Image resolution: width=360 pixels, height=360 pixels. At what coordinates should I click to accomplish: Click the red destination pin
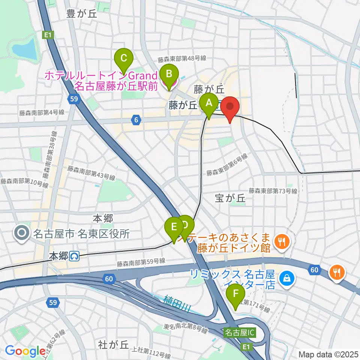click(230, 107)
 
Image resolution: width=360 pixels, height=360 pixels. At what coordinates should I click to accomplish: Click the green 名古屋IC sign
click(240, 332)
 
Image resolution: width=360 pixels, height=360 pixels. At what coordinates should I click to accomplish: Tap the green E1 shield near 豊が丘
click(47, 35)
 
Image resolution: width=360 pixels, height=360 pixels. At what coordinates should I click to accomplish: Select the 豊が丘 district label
click(81, 14)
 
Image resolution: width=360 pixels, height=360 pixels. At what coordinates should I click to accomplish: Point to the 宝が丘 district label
click(230, 198)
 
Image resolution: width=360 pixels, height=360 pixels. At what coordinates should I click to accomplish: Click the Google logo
click(25, 351)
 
